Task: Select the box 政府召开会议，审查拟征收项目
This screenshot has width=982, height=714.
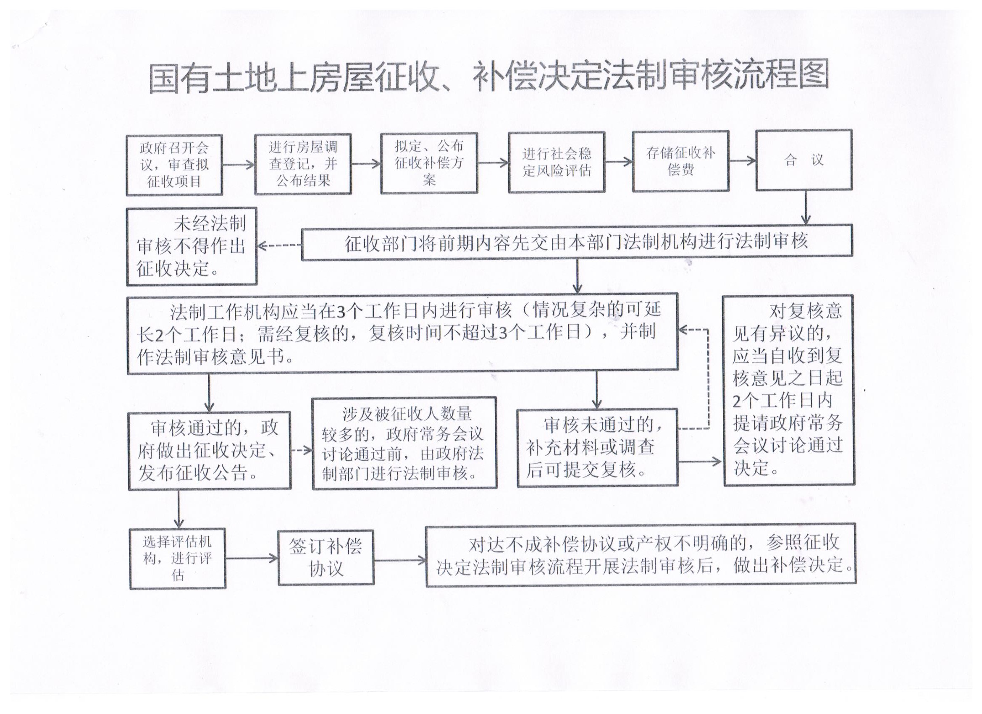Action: pos(174,165)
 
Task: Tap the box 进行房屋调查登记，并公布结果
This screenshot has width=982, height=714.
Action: pos(303,164)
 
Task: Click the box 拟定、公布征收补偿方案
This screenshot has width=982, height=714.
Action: pos(429,163)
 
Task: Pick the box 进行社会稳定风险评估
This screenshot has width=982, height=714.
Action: pos(557,162)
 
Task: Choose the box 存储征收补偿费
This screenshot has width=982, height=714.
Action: pos(681,161)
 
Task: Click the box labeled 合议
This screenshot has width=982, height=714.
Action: pos(804,160)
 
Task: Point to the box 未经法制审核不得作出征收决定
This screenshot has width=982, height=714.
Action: pos(192,247)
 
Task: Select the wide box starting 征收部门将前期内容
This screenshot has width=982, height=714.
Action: pos(577,242)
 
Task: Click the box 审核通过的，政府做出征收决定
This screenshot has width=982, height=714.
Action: pos(210,451)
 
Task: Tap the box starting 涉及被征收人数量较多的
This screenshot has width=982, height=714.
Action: pos(404,443)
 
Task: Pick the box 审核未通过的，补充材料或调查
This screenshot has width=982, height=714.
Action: pos(598,448)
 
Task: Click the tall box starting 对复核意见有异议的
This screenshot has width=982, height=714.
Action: pos(789,391)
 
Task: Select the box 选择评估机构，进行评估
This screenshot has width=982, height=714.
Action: pos(178,559)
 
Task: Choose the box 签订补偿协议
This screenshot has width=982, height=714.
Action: pos(326,558)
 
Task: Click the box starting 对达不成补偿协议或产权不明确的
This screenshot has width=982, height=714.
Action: pos(641,555)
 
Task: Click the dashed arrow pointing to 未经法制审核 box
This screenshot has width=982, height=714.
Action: pos(279,246)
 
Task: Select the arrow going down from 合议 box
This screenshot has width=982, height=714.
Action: pos(806,207)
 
